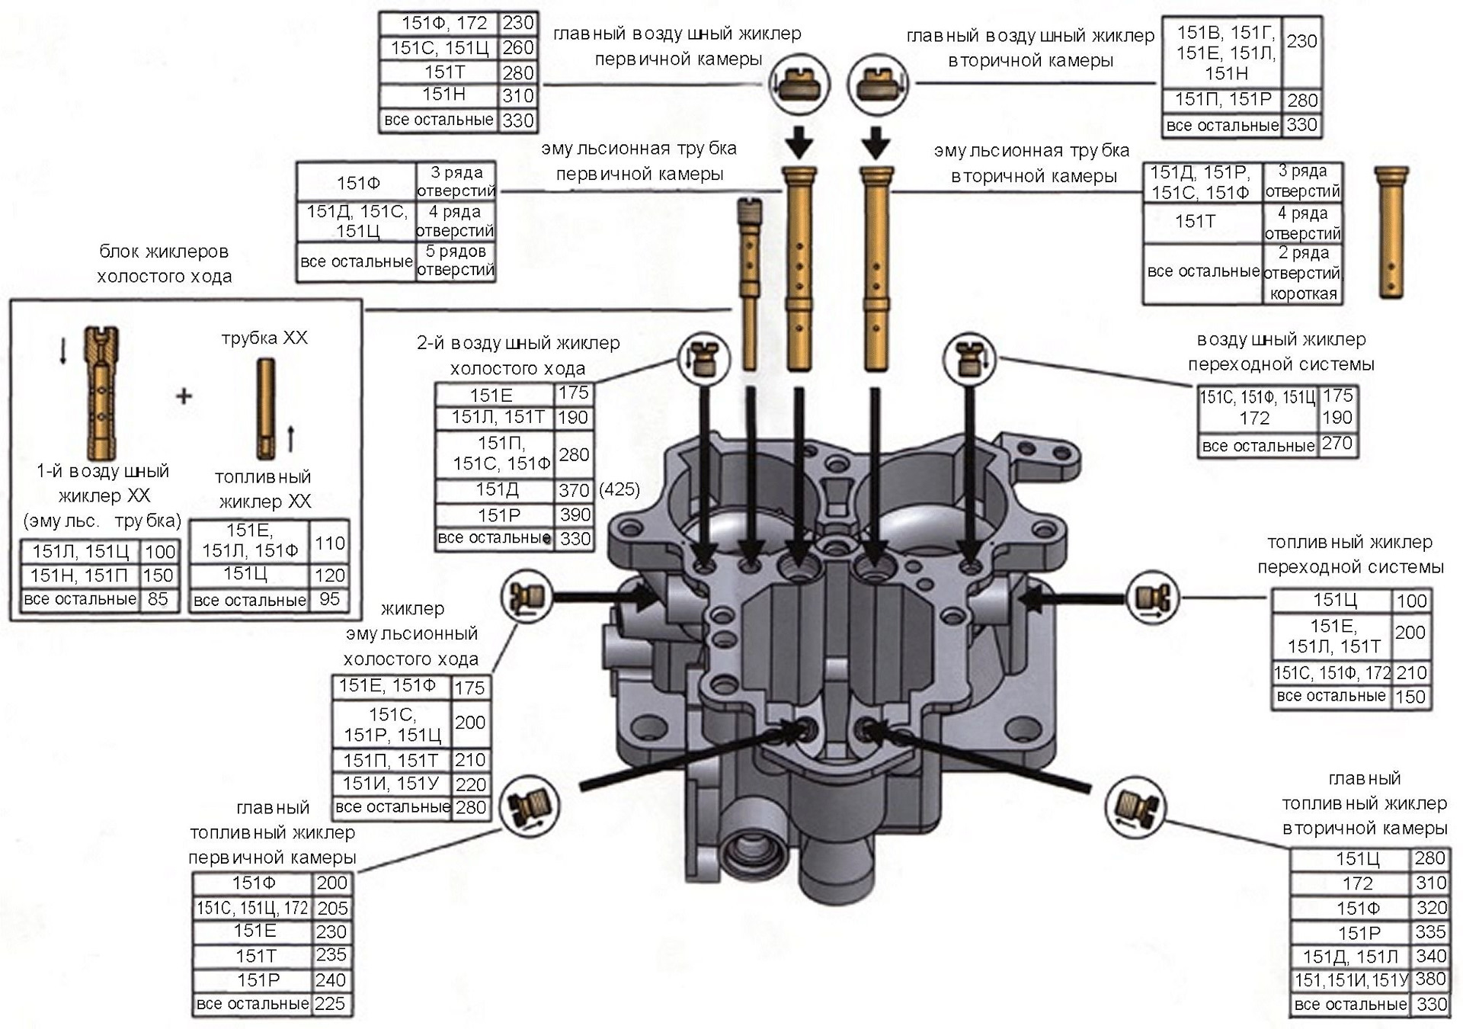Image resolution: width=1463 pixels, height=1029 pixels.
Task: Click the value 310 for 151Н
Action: (x=517, y=96)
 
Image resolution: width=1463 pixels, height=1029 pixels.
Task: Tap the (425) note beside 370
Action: (x=619, y=489)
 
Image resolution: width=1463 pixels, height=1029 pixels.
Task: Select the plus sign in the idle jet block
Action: (x=184, y=396)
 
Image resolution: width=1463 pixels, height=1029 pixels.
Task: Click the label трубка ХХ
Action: (x=264, y=338)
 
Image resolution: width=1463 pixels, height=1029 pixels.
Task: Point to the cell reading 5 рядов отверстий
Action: (x=456, y=261)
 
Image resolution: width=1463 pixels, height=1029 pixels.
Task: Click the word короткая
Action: (x=1303, y=293)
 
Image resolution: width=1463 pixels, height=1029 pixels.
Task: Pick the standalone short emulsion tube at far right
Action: (x=1391, y=232)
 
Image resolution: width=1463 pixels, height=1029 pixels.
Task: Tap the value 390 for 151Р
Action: (x=575, y=514)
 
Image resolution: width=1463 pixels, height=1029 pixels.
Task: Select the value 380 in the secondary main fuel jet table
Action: (x=1430, y=979)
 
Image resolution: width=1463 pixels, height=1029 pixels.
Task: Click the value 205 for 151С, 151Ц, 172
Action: (x=332, y=908)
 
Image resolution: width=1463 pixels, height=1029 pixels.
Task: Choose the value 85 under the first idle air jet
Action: (x=158, y=599)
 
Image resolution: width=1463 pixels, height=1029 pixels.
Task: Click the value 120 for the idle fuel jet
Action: (x=329, y=575)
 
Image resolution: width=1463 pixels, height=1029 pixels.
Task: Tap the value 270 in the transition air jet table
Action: (x=1337, y=444)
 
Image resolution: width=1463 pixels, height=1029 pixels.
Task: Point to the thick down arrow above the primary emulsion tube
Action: (x=799, y=142)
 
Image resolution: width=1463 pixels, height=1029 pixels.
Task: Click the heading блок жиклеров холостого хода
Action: (x=164, y=264)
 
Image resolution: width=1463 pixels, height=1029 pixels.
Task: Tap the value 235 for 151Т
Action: (x=331, y=955)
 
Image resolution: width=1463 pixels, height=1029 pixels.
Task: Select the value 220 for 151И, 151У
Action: (x=470, y=784)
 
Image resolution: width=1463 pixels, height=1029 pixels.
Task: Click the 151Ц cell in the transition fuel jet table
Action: (x=1331, y=601)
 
